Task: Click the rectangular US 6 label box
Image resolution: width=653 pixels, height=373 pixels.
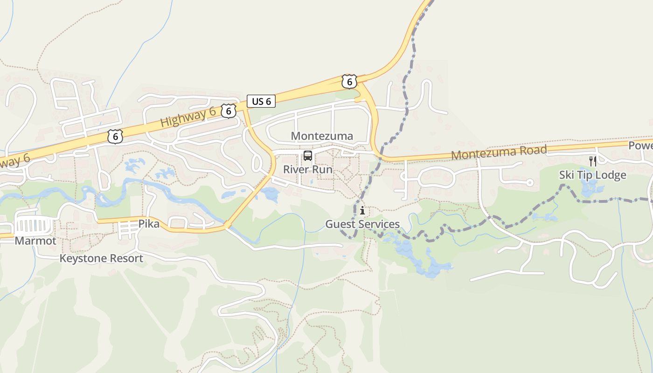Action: [x=261, y=101]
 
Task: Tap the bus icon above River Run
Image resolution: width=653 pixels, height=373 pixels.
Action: [x=308, y=155]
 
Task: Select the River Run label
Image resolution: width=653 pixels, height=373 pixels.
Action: [x=308, y=169]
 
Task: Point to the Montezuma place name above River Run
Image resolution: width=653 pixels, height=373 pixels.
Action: [x=322, y=136]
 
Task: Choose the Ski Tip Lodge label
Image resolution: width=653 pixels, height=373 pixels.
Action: [x=592, y=175]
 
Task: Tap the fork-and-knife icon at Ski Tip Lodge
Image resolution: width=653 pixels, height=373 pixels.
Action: [x=593, y=161]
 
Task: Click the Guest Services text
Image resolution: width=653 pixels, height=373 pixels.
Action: [x=362, y=224]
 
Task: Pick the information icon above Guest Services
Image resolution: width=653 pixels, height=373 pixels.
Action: [x=362, y=211]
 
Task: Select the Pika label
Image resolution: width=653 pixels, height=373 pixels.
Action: [x=149, y=224]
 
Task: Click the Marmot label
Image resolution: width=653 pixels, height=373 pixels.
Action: [x=35, y=241]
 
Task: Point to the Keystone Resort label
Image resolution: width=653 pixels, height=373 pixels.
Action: [x=101, y=258]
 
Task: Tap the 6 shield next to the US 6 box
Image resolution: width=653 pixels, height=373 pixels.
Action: [x=229, y=111]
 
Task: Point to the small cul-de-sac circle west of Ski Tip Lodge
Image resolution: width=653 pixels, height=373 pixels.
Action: [x=530, y=183]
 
